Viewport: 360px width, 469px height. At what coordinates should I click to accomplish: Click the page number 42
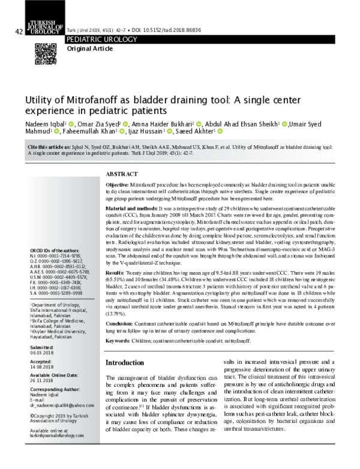19,31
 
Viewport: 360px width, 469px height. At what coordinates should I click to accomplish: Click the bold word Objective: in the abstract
117,185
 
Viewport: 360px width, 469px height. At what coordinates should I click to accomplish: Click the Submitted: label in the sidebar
42,347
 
